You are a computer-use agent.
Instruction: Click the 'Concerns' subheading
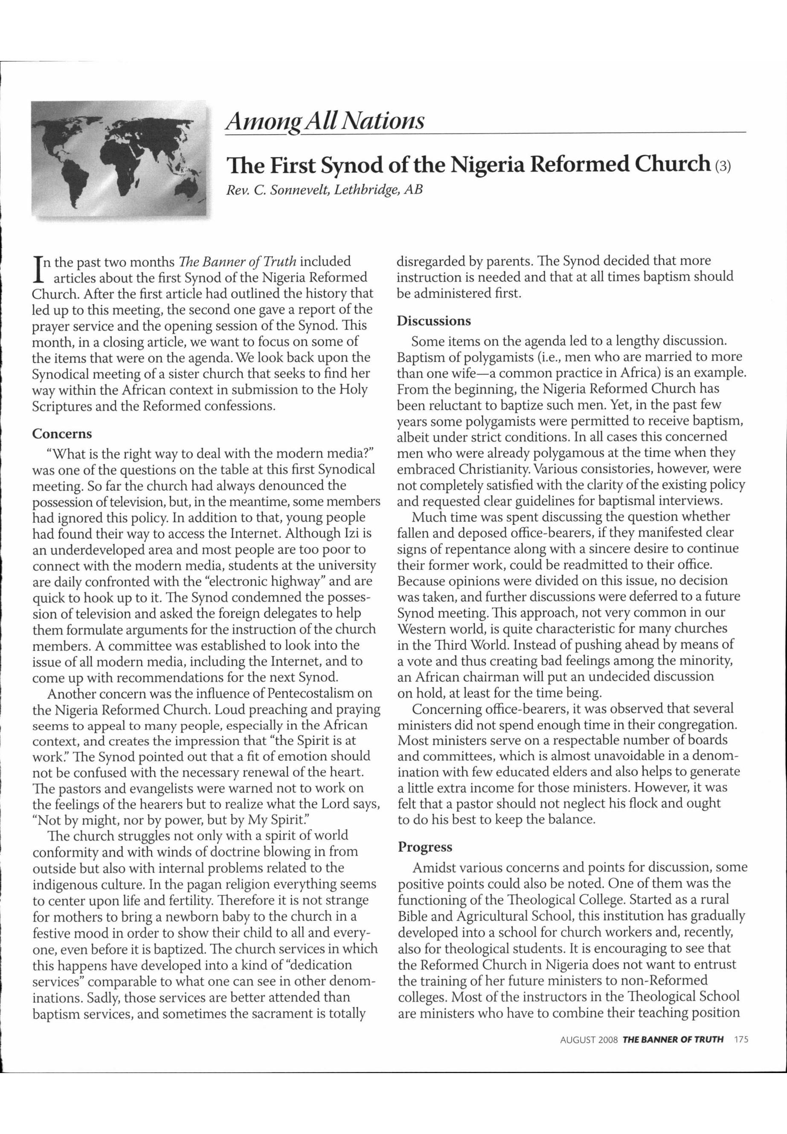[62, 434]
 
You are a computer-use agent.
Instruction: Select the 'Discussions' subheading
[434, 321]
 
